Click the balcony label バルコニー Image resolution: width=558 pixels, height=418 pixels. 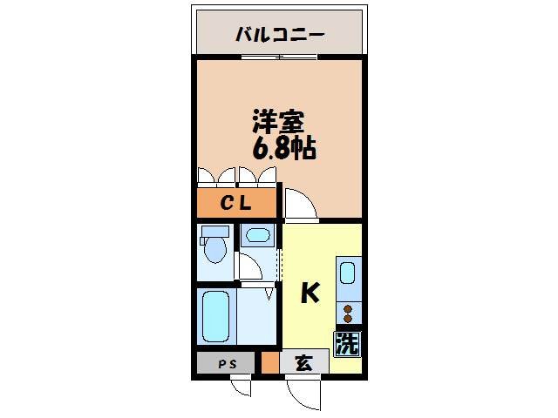(280, 36)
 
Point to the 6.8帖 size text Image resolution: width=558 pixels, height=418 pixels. (284, 148)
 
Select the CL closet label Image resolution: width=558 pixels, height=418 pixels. (235, 204)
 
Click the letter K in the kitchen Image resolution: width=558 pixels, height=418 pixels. (310, 294)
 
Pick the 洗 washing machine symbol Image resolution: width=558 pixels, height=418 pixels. (347, 343)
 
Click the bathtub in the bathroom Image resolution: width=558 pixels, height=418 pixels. (216, 317)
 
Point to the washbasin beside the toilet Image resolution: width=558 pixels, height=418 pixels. (257, 235)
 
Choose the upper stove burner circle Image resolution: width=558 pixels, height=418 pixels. (348, 308)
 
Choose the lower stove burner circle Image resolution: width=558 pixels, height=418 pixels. (348, 319)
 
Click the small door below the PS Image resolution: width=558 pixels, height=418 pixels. (242, 385)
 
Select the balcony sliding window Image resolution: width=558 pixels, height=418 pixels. (279, 57)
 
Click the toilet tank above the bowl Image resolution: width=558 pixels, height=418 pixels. (214, 232)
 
